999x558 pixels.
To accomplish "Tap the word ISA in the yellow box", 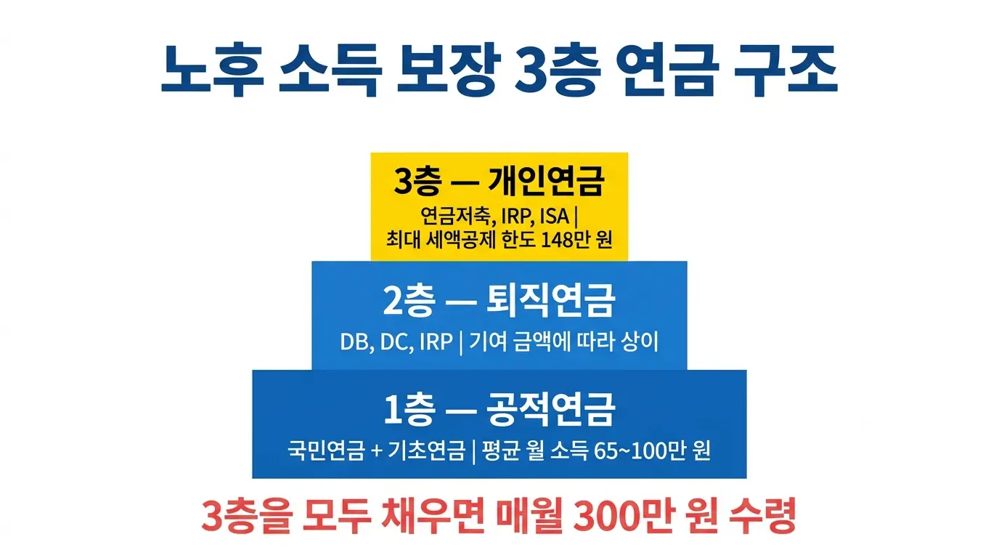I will (x=555, y=217).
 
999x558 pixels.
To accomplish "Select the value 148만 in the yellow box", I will (x=568, y=241).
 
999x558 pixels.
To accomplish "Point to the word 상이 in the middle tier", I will (x=641, y=342).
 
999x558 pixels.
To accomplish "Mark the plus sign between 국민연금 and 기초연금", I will (x=375, y=451).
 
